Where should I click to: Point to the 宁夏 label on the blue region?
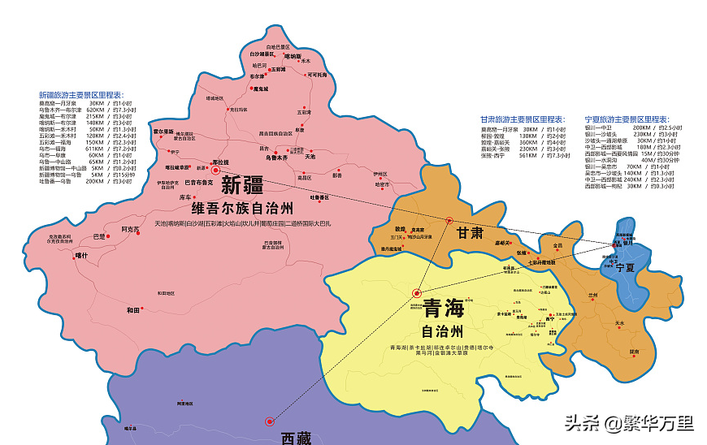coord(624,267)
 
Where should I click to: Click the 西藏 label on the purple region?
coord(296,439)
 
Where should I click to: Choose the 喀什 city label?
coord(80,255)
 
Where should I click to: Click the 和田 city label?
coord(134,310)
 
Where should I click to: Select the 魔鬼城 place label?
coord(260,89)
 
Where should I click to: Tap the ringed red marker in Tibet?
coord(269,421)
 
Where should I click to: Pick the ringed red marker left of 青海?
coord(417,293)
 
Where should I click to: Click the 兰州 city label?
coord(592,295)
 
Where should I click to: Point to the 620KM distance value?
coord(95,110)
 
